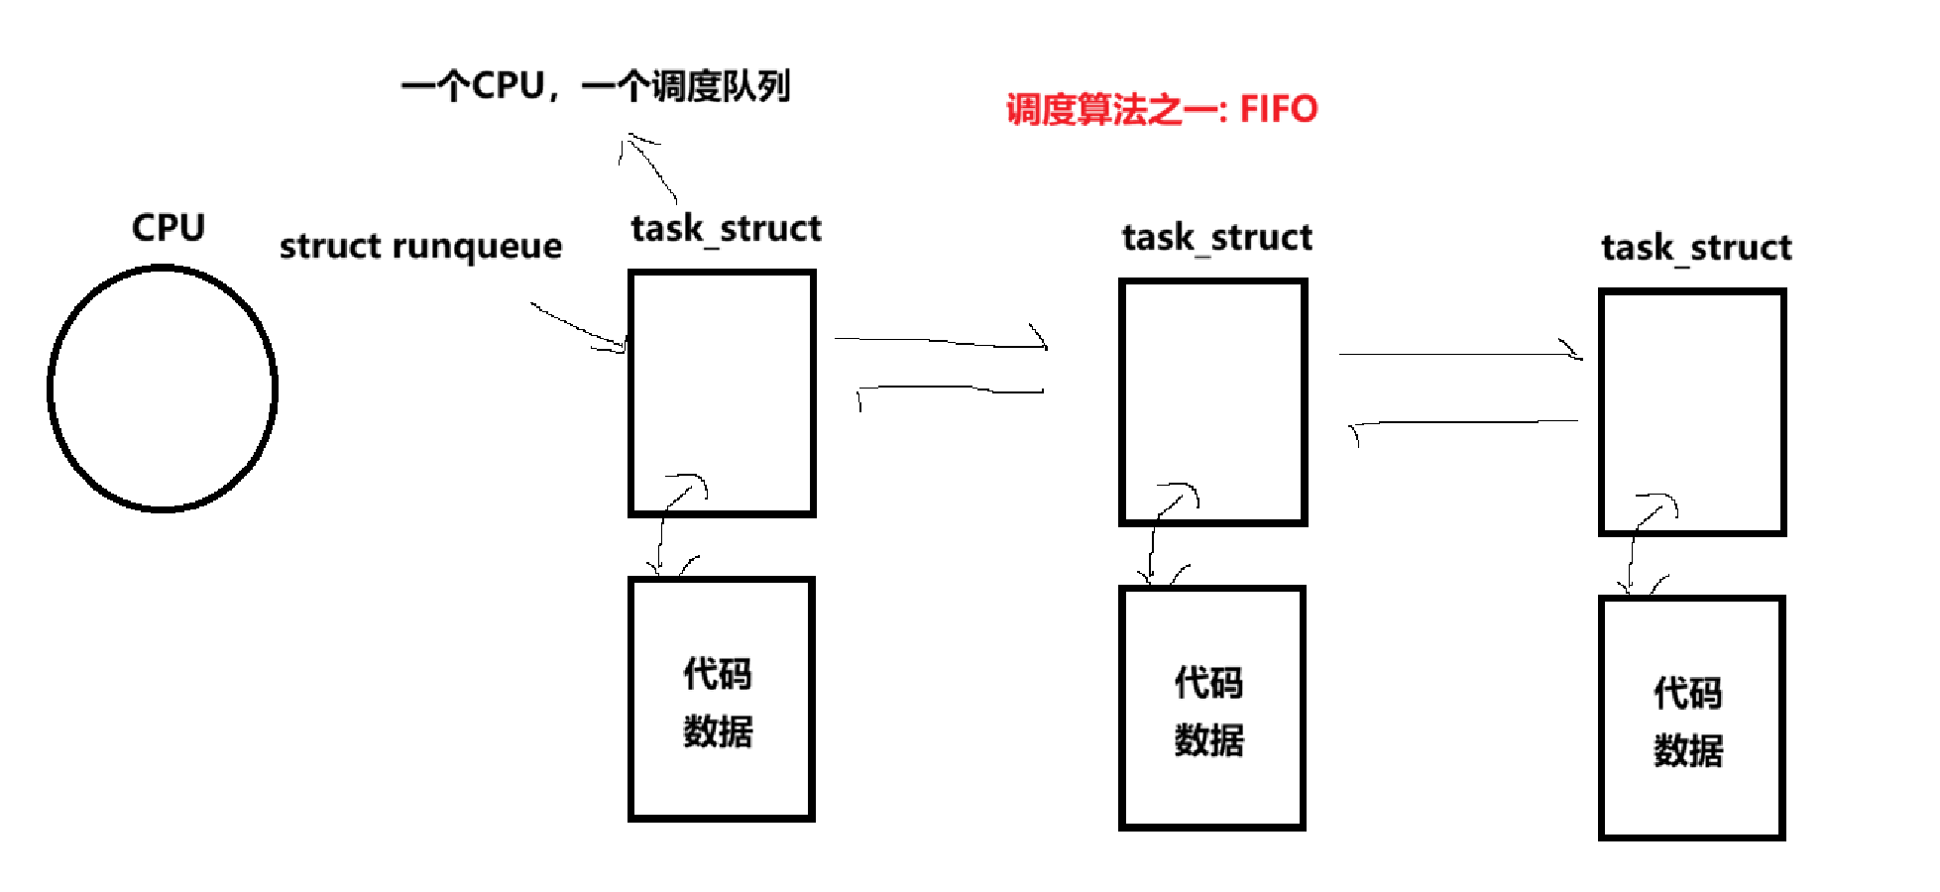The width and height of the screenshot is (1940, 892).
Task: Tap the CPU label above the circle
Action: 169,228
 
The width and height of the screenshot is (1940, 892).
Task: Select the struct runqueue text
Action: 420,246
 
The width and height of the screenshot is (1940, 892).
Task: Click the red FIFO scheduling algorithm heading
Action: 1162,109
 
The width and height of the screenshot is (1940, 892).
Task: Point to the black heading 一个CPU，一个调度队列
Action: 596,86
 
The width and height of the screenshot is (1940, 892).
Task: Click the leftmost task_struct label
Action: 726,229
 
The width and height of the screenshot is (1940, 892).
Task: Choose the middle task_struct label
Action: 1217,238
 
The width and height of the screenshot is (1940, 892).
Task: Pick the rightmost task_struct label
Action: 1696,248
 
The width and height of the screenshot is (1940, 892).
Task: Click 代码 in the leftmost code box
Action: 718,674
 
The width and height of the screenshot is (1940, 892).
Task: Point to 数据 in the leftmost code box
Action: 718,731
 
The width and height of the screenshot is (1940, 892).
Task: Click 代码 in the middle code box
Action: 1208,683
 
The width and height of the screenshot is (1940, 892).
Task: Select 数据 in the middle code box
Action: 1208,740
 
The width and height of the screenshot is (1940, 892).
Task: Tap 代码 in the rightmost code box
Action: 1688,693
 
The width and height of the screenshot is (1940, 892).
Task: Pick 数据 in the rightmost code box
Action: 1688,750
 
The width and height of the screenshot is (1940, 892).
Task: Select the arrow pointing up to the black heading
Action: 649,168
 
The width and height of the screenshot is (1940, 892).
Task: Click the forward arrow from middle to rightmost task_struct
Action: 1461,354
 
